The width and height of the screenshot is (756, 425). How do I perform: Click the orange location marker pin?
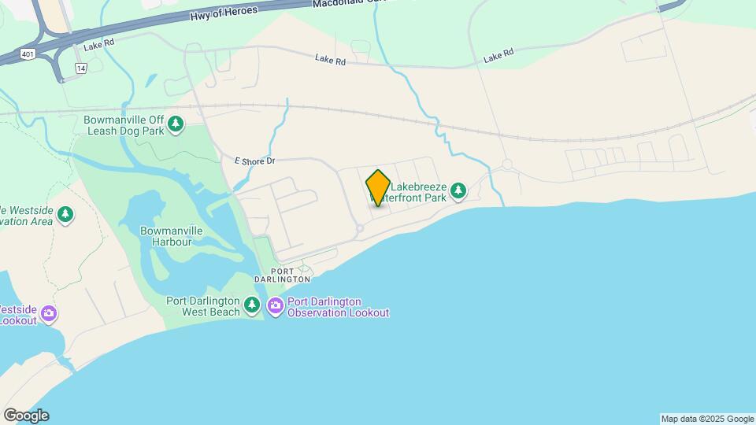[x=378, y=187]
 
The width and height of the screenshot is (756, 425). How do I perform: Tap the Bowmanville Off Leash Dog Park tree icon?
[x=176, y=124]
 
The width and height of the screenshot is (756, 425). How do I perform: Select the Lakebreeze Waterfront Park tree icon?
[x=458, y=190]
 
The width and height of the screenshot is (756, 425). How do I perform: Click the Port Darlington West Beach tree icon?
[x=252, y=305]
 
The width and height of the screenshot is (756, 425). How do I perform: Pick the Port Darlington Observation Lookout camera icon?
[x=275, y=305]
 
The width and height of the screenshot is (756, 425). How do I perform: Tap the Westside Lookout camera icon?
[x=49, y=314]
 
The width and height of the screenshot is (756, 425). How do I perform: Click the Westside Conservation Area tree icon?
[x=65, y=213]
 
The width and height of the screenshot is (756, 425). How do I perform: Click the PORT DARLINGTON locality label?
[x=283, y=279]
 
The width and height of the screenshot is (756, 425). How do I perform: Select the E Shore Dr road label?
[x=254, y=161]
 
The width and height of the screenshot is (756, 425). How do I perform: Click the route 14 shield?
[x=80, y=68]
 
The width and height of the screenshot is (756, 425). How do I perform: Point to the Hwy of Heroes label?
[x=224, y=15]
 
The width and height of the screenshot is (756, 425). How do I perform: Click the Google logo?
[x=26, y=415]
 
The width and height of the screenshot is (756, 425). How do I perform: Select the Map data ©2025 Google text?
[x=707, y=419]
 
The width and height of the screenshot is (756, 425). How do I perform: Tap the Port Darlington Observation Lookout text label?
[x=338, y=307]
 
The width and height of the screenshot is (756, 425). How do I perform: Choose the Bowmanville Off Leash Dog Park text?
[x=124, y=125]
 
